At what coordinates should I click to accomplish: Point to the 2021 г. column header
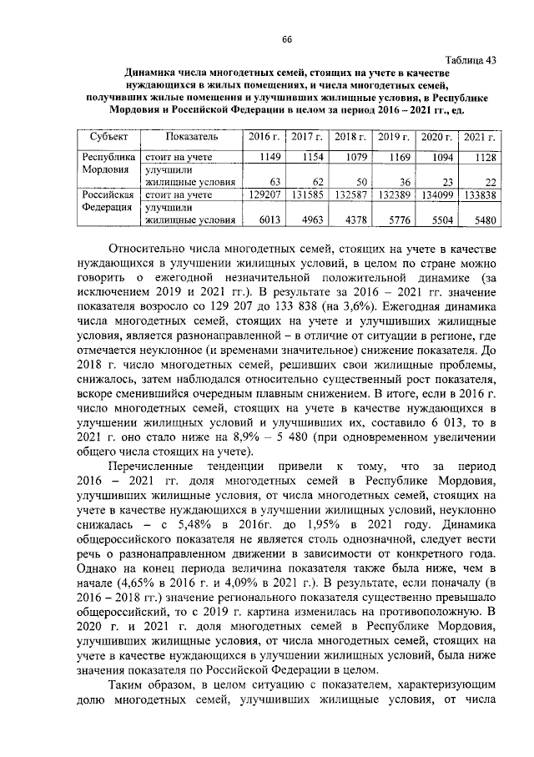[478, 136]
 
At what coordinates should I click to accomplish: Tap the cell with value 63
[275, 182]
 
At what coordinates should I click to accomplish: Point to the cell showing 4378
[354, 220]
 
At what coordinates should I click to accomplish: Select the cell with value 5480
[483, 220]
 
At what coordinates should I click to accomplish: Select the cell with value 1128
[482, 157]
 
